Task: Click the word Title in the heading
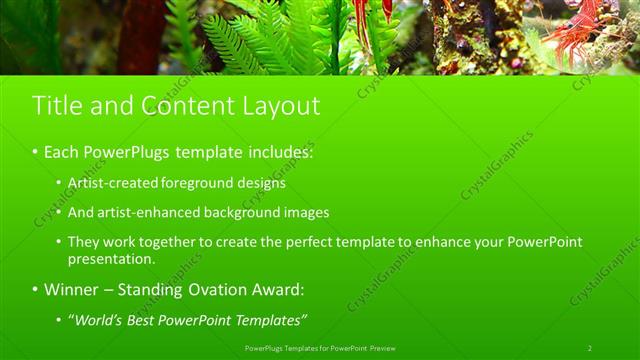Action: [56, 106]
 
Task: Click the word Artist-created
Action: [108, 184]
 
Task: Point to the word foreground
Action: [193, 184]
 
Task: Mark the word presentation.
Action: [111, 259]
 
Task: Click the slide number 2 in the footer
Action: [589, 348]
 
